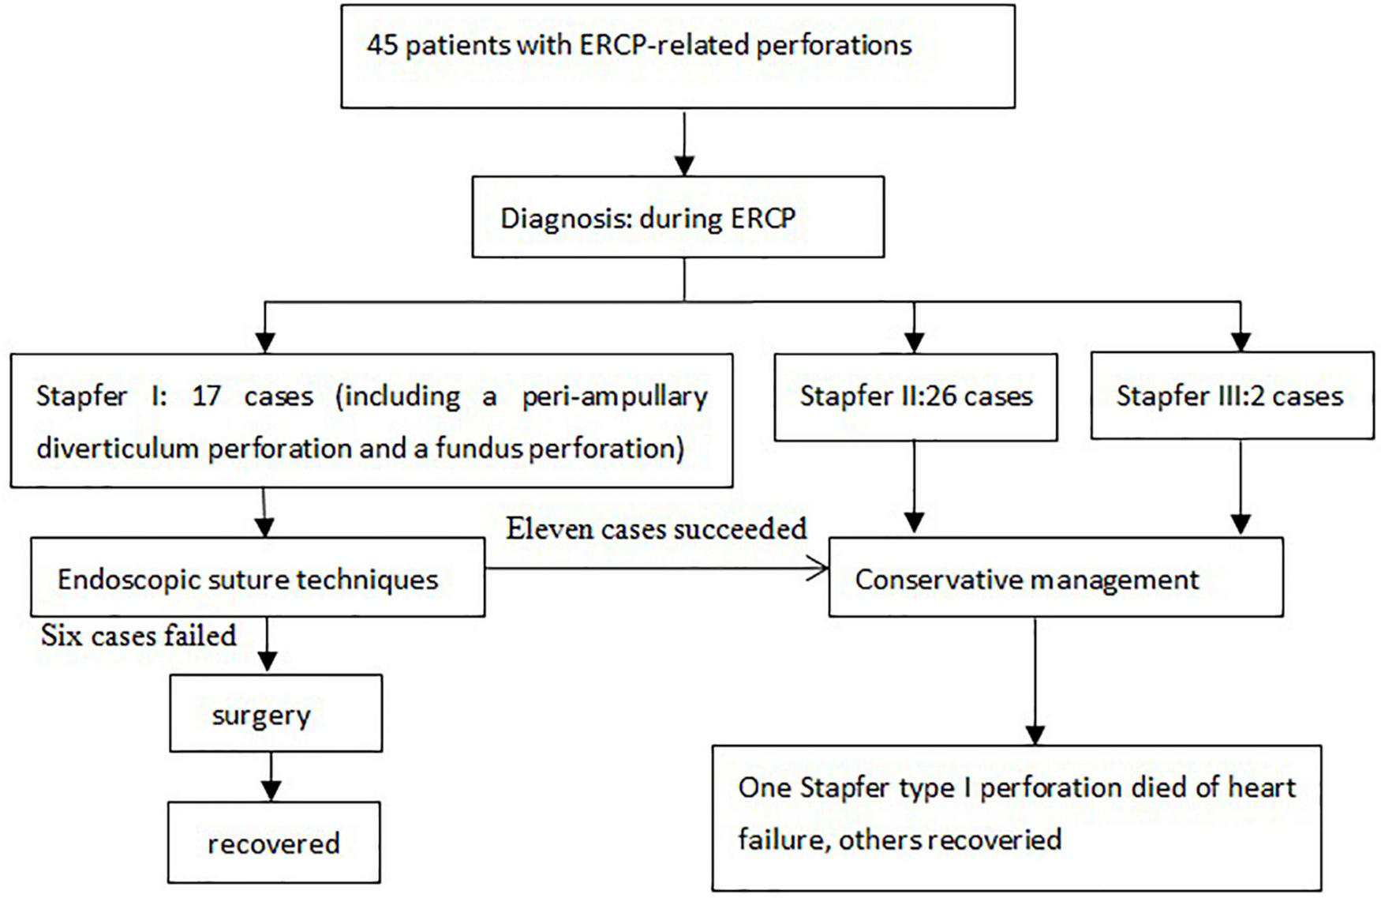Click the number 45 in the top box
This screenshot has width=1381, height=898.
[x=383, y=45]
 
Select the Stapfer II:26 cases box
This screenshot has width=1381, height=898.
[x=915, y=396]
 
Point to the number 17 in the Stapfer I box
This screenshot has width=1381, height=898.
[x=206, y=396]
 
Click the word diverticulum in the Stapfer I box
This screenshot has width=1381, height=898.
[x=118, y=449]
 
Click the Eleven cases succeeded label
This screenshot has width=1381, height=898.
[x=657, y=528]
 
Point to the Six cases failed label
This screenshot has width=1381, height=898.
[x=139, y=636]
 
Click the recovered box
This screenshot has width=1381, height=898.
[x=274, y=844]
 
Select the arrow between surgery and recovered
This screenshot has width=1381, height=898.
[x=271, y=777]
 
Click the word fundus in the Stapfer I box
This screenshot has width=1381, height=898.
[x=478, y=449]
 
